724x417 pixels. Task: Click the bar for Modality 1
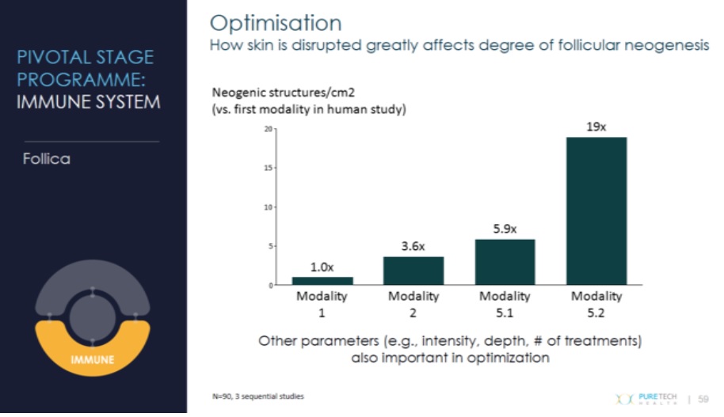point(322,281)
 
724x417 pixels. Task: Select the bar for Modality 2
point(413,271)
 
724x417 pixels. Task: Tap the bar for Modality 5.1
point(505,262)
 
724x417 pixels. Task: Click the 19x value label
point(596,127)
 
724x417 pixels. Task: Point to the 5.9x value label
point(505,229)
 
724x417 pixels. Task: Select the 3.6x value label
point(413,247)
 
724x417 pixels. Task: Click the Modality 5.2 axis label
point(596,303)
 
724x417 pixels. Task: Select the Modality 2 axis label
point(413,303)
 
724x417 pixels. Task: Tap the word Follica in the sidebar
point(47,159)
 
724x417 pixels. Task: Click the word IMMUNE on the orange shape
point(93,360)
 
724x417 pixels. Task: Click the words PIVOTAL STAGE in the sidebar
point(85,58)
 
